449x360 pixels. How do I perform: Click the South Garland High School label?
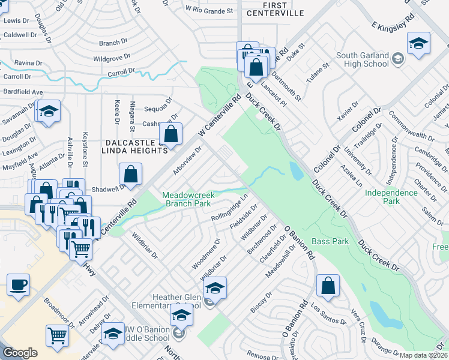coord(363,60)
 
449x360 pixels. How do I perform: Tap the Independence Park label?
coord(391,197)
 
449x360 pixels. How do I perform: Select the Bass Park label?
coord(330,241)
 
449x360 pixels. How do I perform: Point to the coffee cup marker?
coord(18,284)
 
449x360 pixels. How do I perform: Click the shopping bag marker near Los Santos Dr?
coord(328,286)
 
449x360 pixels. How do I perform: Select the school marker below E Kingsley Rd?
coord(418,42)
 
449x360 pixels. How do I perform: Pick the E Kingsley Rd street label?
coord(393,25)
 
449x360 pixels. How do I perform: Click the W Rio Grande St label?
coord(209,10)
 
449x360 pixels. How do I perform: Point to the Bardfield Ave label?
coord(22,92)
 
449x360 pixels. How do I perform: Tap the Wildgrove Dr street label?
coord(112,59)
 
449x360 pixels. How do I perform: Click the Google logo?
coord(20,353)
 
